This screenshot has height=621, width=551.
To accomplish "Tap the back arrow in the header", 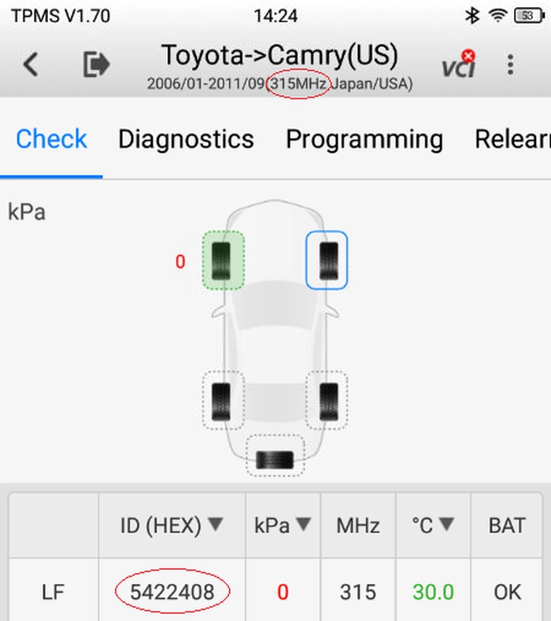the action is pyautogui.click(x=31, y=65).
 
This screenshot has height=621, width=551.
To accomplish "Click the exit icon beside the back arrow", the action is pyautogui.click(x=96, y=65).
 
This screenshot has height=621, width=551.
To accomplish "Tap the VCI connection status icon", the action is pyautogui.click(x=459, y=65).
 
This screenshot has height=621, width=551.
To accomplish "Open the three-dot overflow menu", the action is pyautogui.click(x=510, y=65).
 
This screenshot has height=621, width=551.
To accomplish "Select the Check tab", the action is pyautogui.click(x=51, y=139).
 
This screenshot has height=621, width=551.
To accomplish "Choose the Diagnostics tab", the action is pyautogui.click(x=187, y=139).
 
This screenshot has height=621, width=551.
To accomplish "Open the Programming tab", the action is pyautogui.click(x=364, y=140).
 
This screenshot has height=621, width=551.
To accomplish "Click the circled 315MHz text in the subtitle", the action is pyautogui.click(x=298, y=83).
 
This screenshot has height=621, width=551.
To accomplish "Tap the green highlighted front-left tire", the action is pyautogui.click(x=223, y=261).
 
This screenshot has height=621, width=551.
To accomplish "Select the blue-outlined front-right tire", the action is pyautogui.click(x=327, y=261).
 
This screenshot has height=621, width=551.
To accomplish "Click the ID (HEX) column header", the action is pyautogui.click(x=172, y=525).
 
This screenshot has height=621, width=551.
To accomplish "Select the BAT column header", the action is pyautogui.click(x=507, y=526).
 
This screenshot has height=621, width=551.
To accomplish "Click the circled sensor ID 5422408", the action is pyautogui.click(x=172, y=592).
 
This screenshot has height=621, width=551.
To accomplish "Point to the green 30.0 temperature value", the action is pyautogui.click(x=433, y=592).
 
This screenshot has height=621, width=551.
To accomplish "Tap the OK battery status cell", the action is pyautogui.click(x=507, y=592).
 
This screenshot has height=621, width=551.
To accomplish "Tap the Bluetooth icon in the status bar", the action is pyautogui.click(x=471, y=16).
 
